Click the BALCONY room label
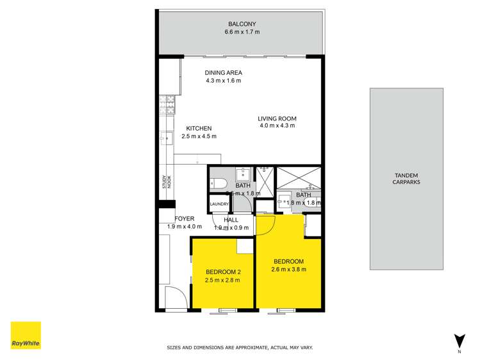coord(238,24)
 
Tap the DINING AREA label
coord(223,72)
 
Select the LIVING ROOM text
coord(277,119)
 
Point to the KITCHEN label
coord(199,128)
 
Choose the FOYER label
coord(185,218)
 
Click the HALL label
coord(231,219)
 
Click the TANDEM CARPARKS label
coord(406,177)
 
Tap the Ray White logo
coord(26,336)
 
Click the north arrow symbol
coord(459,341)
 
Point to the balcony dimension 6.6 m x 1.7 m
coord(238,32)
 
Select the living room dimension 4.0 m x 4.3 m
coord(277,126)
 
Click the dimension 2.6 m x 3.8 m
coord(288,269)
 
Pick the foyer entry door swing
coord(174,298)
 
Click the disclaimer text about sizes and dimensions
coord(240,348)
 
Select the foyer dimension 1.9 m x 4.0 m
coord(185,227)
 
